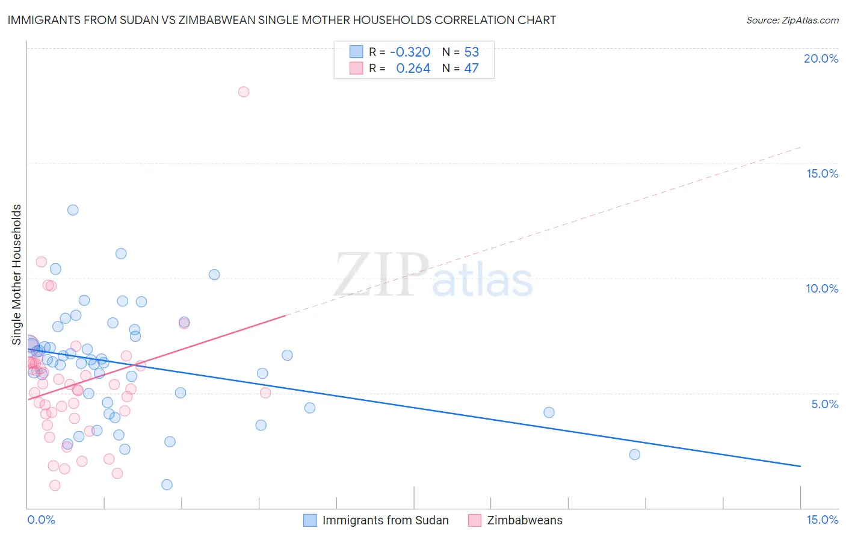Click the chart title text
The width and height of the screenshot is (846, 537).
pos(282,20)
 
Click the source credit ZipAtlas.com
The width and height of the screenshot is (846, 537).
pos(792,20)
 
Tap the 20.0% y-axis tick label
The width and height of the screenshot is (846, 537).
pos(821,58)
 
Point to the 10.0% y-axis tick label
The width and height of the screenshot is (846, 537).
pos(821,288)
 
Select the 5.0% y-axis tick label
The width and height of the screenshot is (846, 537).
pos(824,404)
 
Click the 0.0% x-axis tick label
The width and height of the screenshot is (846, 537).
pos(41,520)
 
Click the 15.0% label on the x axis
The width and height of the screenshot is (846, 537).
pos(822,520)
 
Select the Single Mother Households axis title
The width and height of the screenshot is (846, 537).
pos(17,275)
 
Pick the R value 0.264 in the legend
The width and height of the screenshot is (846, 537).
pos(413,68)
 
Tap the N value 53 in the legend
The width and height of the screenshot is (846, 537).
pos(471,52)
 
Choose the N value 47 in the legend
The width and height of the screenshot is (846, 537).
pos(471,68)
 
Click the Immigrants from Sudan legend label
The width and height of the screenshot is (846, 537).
pos(385,520)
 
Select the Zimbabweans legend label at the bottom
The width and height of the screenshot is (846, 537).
pos(525,520)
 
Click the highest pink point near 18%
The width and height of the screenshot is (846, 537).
pos(244,92)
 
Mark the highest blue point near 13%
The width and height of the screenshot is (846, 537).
pos(73,210)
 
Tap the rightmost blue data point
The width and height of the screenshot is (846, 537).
pos(634,455)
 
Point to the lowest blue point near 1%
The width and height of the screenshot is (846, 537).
pos(167,485)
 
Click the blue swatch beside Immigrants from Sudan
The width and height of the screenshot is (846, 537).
pos(310,520)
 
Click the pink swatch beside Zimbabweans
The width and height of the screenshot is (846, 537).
pos(475,520)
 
